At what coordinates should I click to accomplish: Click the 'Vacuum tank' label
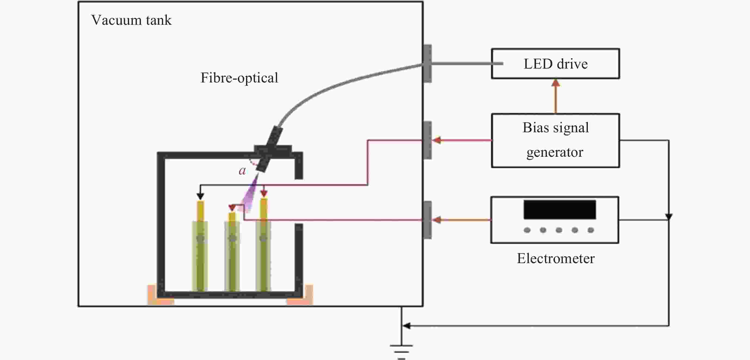131,20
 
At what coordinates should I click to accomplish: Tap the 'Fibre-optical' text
239,78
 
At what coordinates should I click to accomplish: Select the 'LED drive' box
555,64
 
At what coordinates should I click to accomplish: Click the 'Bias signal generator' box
555,140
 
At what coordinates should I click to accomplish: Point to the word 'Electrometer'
555,259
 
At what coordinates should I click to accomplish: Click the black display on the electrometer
559,210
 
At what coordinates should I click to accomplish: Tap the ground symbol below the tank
401,351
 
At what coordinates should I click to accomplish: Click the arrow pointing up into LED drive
555,83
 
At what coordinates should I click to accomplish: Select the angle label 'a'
242,171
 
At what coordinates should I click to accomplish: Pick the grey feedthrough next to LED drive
428,63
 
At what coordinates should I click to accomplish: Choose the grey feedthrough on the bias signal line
428,140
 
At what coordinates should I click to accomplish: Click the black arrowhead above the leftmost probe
200,196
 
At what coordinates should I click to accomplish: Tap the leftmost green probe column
200,256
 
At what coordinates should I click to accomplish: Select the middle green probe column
232,256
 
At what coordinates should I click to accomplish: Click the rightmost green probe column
263,256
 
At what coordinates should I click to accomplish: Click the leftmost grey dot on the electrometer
527,230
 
